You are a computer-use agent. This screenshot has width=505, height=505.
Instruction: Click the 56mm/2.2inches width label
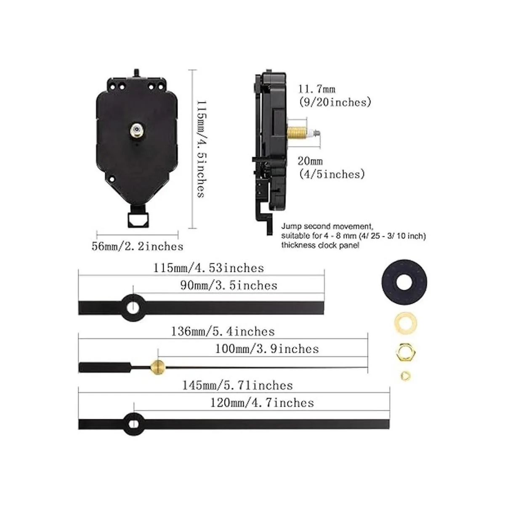point(137,247)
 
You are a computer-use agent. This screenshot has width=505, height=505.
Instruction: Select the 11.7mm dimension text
point(317,89)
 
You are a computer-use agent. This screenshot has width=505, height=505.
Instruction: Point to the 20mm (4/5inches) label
point(332,168)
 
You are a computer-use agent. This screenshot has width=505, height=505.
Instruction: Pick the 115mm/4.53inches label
point(208,268)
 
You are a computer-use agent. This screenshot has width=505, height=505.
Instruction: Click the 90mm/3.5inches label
point(229,285)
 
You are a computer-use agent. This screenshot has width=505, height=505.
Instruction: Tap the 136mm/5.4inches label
point(223,332)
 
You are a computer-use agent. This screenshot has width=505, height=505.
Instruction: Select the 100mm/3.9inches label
point(267,349)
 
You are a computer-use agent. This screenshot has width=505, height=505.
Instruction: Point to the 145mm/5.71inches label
point(237,385)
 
